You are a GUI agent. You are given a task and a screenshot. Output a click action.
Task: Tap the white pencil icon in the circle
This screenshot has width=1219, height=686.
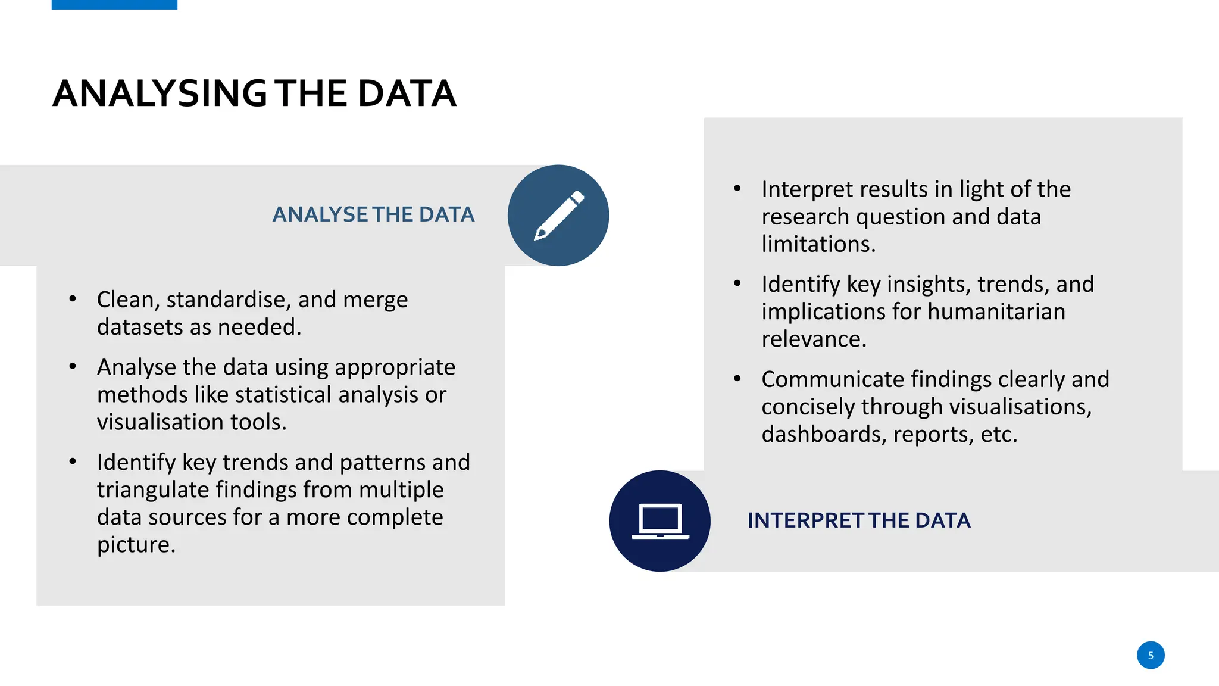558,216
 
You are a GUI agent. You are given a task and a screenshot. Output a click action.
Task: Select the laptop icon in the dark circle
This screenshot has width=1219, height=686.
660,521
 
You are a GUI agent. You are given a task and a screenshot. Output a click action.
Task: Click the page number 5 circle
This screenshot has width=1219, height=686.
1150,655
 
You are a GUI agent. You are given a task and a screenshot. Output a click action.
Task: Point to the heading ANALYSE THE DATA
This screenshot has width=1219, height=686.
373,214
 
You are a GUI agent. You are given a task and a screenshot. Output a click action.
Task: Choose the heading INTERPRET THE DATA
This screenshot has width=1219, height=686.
858,520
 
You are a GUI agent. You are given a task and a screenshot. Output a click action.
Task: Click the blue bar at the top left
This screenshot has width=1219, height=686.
114,4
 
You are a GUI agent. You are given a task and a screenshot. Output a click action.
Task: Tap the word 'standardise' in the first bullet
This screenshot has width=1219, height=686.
229,300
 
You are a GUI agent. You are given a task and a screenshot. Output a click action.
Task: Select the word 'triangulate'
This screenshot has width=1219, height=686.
153,490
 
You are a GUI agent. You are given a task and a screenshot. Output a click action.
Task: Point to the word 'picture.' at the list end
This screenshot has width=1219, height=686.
136,545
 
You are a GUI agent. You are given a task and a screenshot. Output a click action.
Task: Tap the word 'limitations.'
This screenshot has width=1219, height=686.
818,244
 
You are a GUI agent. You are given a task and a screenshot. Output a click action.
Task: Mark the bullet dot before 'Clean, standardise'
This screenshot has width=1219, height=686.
73,298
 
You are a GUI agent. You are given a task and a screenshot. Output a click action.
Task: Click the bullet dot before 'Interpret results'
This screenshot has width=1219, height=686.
737,189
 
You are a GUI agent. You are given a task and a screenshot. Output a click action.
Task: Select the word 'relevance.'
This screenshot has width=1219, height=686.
814,339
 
